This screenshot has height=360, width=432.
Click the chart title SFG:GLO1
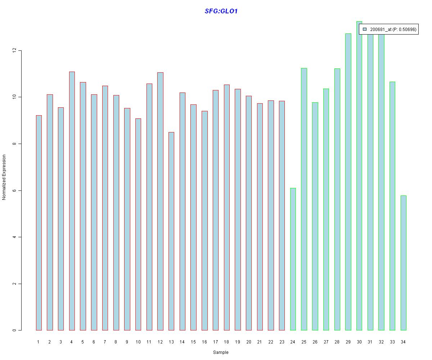coord(221,11)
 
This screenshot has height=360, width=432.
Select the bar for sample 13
coord(171,231)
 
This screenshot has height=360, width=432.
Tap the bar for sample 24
coord(293,259)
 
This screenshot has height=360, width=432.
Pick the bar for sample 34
coord(404,263)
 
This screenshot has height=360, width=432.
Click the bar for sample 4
coord(72,201)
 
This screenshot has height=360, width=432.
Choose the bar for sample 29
coord(348,182)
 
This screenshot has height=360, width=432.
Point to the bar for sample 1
coord(39,222)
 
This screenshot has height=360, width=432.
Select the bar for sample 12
coord(160,201)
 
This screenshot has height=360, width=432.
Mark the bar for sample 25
coord(304,199)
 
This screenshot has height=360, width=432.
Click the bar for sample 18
coord(226,207)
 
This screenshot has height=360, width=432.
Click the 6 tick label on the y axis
coord(14,190)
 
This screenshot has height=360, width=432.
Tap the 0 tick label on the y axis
coord(14,330)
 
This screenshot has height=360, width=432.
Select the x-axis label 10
coord(138,342)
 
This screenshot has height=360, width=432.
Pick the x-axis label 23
coord(282,342)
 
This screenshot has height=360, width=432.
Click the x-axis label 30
coord(359,342)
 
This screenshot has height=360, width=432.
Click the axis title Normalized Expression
coord(4,177)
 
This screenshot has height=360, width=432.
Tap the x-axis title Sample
coord(221,352)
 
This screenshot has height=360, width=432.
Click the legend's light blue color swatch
coord(365,30)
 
